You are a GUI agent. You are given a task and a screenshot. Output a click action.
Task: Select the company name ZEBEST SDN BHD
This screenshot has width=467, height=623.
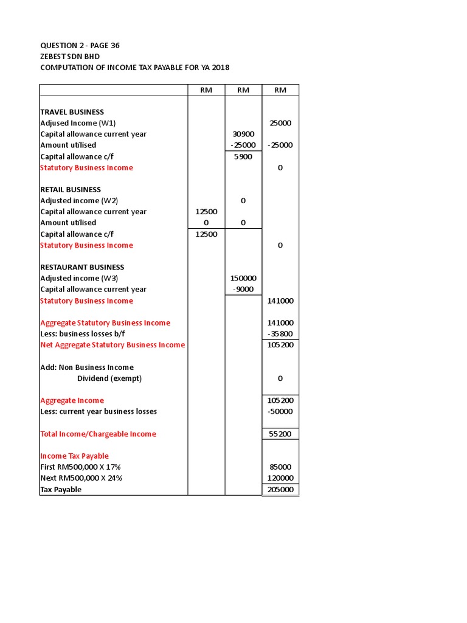click(70, 57)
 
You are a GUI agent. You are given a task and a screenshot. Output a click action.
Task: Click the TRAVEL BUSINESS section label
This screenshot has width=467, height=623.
click(72, 112)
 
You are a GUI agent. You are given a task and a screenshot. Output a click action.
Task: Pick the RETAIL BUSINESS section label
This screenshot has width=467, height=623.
click(71, 190)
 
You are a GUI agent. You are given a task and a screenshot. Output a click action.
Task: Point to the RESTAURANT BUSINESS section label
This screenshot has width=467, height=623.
click(82, 267)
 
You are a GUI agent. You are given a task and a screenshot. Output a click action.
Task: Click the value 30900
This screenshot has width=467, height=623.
click(243, 134)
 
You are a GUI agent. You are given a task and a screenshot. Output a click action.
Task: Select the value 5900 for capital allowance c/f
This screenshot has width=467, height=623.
click(243, 156)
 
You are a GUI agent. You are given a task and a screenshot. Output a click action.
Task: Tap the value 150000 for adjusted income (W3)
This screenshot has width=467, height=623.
click(243, 278)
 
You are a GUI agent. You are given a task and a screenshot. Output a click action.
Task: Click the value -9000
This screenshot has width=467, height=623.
click(243, 290)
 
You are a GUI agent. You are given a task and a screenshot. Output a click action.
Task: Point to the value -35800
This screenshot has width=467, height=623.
click(280, 334)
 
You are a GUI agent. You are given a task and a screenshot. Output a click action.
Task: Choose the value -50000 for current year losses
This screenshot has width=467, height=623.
click(280, 411)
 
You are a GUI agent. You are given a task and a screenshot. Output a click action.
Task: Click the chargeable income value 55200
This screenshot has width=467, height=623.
click(280, 434)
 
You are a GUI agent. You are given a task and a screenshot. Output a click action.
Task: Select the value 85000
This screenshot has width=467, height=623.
click(280, 467)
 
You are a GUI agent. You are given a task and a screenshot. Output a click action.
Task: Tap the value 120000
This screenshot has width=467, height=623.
click(280, 478)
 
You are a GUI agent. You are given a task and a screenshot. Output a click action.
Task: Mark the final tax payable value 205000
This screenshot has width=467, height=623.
click(280, 490)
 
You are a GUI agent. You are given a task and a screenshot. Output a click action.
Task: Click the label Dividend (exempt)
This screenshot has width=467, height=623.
click(109, 378)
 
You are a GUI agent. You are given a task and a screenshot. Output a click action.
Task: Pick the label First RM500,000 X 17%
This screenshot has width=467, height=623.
click(81, 467)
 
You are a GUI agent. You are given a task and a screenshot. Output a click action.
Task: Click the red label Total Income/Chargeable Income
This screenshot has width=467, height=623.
click(98, 434)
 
